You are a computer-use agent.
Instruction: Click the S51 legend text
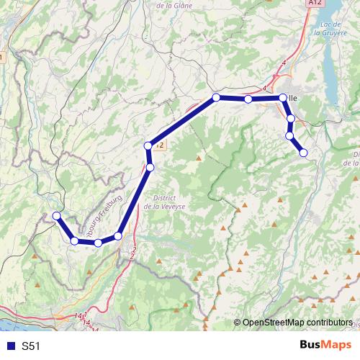pos(31,346)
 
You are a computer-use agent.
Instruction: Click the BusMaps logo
pos(325,346)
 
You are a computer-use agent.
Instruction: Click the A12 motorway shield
pos(313,4)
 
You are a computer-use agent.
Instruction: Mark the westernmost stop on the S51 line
pos(57,215)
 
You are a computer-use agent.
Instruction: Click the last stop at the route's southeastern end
pos(303,153)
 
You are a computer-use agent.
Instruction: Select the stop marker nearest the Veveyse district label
pos(150,168)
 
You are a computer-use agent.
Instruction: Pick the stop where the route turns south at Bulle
pos(283,97)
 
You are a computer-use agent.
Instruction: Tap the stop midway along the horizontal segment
pos(248,99)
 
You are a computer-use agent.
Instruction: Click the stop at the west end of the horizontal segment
pos(215,97)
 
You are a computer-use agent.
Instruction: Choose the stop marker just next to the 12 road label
pos(148,146)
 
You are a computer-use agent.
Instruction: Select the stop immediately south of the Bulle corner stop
pos(291,119)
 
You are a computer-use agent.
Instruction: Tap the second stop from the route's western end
pos(74,240)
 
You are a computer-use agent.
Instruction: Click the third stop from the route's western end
pos(98,243)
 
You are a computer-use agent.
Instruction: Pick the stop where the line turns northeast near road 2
pos(118,236)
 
